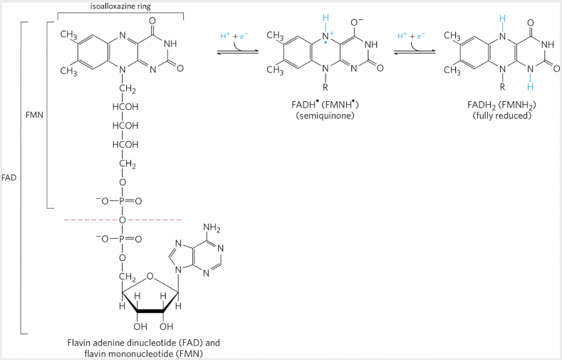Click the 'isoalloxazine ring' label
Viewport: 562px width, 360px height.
click(120, 6)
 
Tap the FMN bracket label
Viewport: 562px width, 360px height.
click(34, 115)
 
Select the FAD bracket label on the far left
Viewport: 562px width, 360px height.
click(9, 178)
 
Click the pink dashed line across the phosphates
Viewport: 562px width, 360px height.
click(123, 220)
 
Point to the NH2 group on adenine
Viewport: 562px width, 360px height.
click(212, 228)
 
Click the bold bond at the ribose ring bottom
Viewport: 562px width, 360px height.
click(150, 312)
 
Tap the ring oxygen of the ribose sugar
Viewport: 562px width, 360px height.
click(150, 277)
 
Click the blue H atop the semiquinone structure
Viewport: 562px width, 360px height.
click(325, 18)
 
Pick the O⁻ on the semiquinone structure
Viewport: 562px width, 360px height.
click(357, 22)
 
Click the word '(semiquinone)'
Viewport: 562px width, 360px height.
click(325, 115)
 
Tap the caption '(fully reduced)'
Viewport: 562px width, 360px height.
click(501, 115)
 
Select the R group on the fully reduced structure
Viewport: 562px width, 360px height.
click(502, 87)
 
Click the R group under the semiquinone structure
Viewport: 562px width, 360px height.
click(326, 87)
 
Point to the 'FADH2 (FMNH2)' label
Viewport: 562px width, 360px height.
click(501, 105)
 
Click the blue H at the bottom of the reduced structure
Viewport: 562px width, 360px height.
click(531, 87)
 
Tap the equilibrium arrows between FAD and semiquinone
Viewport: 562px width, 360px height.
click(238, 52)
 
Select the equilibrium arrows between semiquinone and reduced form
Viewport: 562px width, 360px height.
click(415, 52)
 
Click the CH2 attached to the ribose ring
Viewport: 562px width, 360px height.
click(128, 277)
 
